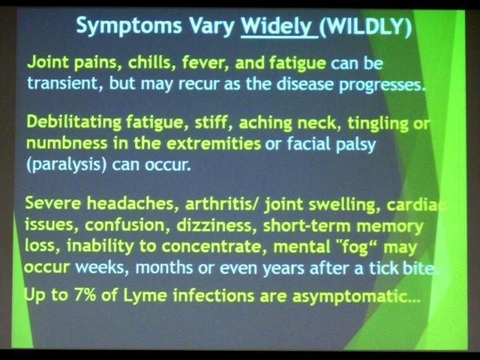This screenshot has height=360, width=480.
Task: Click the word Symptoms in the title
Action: point(129,26)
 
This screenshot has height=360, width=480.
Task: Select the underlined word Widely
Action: point(277,26)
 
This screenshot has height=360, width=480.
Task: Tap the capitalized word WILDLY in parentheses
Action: point(365,27)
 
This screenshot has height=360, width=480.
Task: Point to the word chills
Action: point(151,62)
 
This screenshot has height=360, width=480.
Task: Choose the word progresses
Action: point(382,85)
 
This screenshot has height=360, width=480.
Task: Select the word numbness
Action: point(67,143)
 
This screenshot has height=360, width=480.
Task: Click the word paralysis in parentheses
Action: point(66,165)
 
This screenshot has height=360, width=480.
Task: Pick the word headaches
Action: point(133,203)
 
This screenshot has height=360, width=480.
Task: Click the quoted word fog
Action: point(355,247)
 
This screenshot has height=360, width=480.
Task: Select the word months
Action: point(164,267)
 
